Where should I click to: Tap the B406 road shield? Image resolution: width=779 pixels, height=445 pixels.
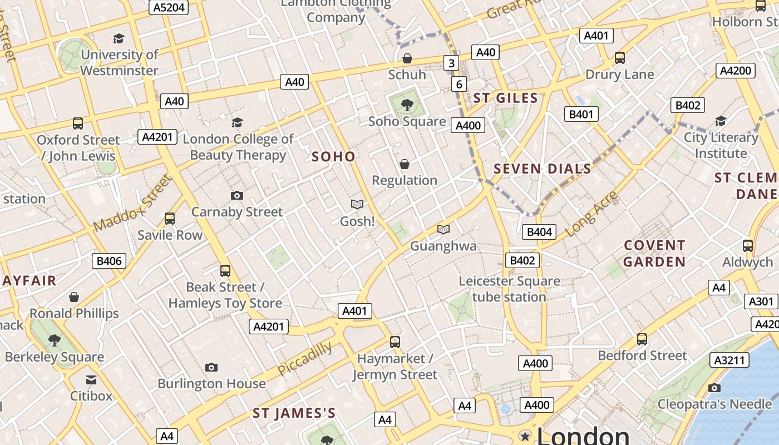point(109,260)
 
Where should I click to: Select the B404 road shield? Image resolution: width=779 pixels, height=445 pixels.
point(539,232)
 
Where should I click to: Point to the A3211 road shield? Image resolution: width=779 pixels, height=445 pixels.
point(729,360)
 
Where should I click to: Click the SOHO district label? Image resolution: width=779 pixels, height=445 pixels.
point(333,156)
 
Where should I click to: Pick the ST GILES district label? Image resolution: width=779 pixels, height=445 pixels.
point(505,98)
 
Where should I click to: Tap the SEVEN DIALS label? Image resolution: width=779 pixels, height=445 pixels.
point(543,169)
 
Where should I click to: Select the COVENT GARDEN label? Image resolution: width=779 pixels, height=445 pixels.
point(654,253)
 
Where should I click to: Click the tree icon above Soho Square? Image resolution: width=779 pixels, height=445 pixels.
point(407,104)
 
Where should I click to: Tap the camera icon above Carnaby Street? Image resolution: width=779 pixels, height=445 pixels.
point(237,195)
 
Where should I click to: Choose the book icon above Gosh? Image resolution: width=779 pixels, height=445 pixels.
point(357,205)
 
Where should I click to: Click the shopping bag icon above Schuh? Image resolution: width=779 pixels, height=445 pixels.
point(407,58)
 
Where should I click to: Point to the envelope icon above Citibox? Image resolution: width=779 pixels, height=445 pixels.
point(91,380)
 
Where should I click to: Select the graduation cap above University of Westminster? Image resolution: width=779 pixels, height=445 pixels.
point(119,38)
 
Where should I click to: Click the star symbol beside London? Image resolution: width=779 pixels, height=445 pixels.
point(524,436)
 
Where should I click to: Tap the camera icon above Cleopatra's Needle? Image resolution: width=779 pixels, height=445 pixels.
point(714,388)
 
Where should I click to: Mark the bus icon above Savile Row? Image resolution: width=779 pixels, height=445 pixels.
point(170,219)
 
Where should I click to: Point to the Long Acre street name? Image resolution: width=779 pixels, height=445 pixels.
point(591,214)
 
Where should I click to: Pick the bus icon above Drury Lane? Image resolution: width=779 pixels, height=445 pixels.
point(619,58)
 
